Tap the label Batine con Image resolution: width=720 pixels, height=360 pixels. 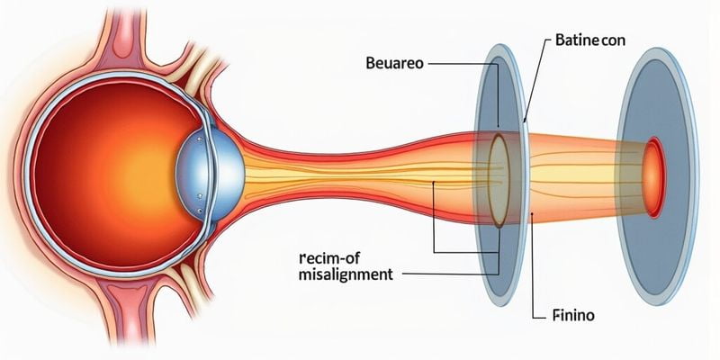(589, 40)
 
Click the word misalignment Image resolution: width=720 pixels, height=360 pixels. (346, 275)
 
